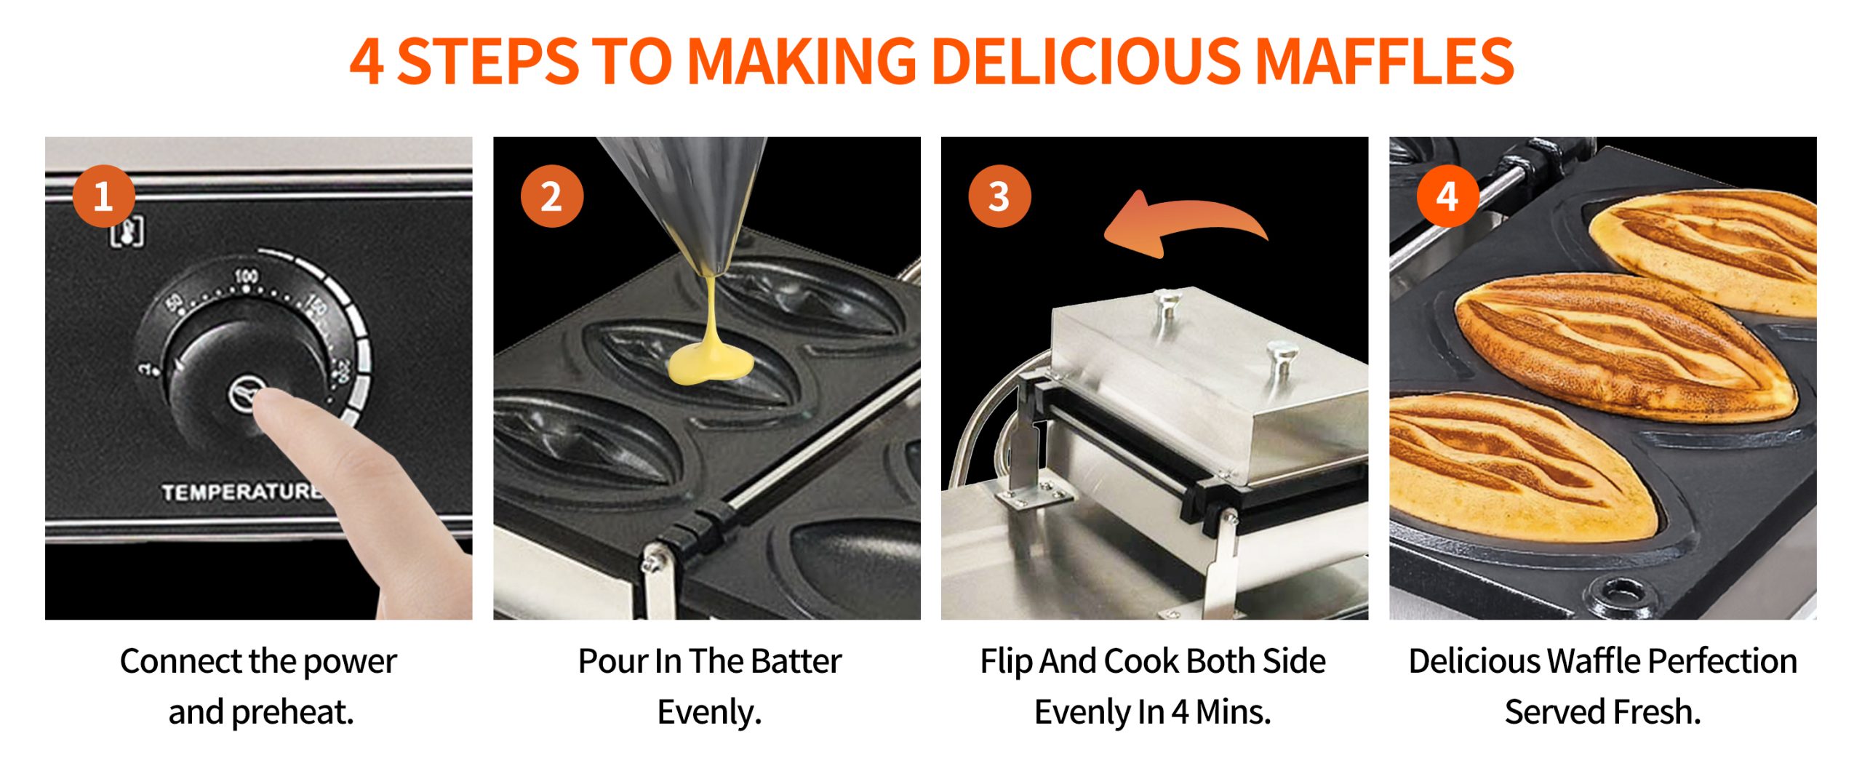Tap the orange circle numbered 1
pos(104,196)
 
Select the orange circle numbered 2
pos(552,196)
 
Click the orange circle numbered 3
pos(1000,196)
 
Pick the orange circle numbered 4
pos(1447,196)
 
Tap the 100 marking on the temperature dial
pos(246,276)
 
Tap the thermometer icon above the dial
pos(127,232)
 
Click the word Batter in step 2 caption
pos(796,661)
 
